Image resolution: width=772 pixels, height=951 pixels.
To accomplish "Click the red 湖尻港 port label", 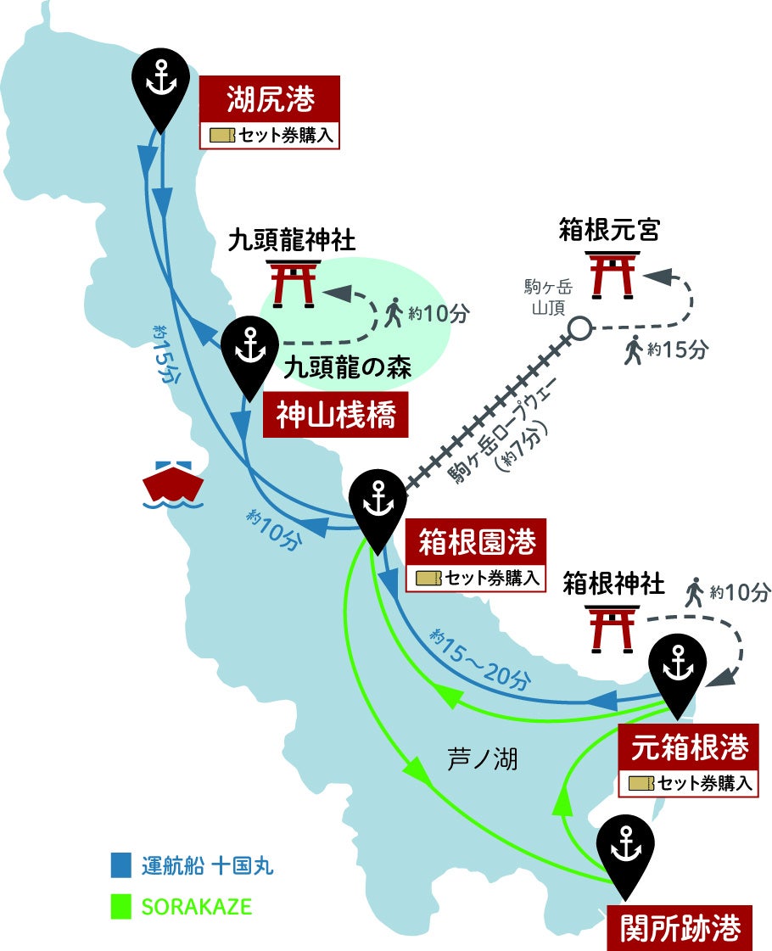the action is coord(270,101).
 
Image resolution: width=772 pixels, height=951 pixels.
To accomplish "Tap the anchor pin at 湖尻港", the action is coord(159,81).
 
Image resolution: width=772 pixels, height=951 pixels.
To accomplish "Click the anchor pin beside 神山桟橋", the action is coord(249,353).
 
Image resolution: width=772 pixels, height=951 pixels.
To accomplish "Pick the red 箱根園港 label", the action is coord(478,543).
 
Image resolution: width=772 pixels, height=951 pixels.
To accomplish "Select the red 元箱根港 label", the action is coord(688,747).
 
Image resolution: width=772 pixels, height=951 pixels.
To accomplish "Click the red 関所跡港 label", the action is coord(680,927).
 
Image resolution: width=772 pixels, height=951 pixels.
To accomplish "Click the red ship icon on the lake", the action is coord(173,484).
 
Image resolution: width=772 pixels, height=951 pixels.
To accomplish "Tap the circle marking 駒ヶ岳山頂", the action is coord(580,328).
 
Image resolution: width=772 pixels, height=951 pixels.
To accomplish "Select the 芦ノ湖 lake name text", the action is coord(481,759).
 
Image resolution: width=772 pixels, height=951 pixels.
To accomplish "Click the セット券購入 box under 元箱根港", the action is coord(689,783).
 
